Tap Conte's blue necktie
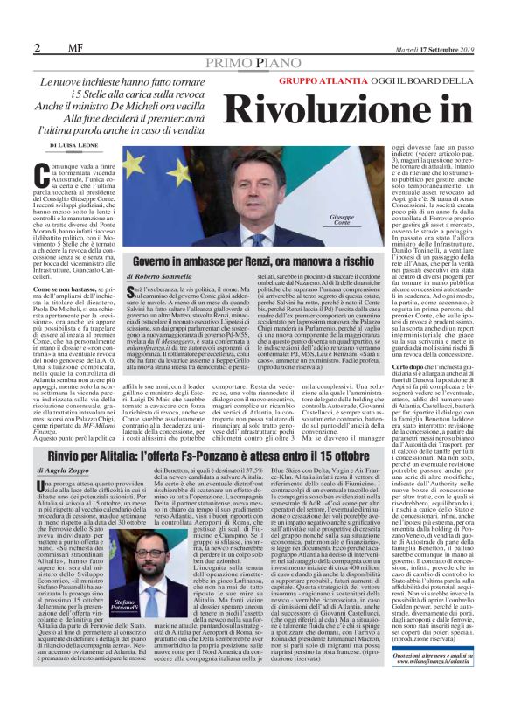click(x=260, y=240)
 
